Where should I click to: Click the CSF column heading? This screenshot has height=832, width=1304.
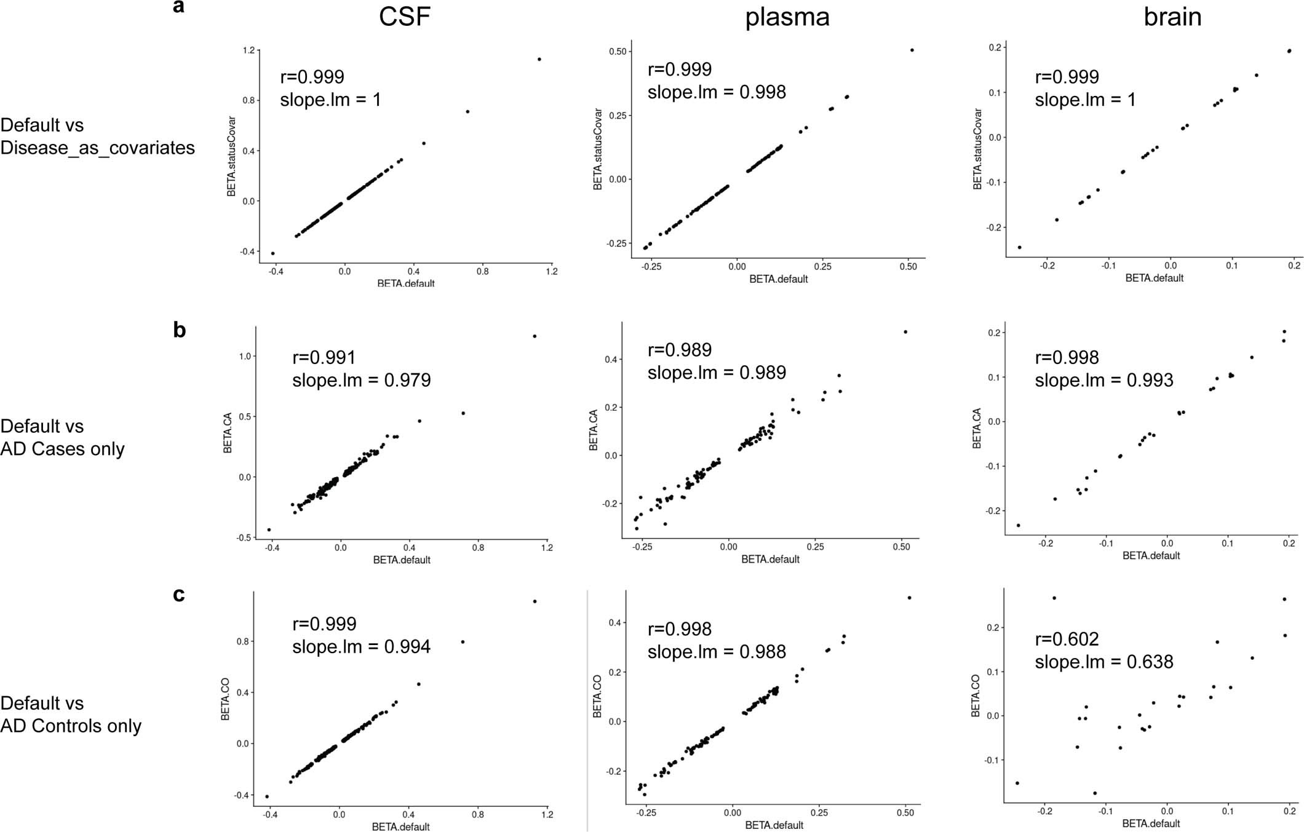[404, 17]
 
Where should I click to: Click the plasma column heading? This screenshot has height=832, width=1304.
[787, 17]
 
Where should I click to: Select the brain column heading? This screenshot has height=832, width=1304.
[1172, 17]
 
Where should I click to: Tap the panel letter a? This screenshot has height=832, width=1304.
[178, 7]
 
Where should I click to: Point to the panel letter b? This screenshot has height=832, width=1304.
[179, 330]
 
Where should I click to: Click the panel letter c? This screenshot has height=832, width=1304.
[179, 595]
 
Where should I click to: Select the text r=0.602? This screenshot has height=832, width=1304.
[1067, 639]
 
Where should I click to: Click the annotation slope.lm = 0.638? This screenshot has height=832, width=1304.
[1103, 662]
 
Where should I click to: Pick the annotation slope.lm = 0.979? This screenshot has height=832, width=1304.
[361, 380]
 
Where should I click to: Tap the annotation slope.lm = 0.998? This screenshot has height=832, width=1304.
[717, 92]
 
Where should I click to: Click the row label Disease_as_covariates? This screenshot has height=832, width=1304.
[97, 148]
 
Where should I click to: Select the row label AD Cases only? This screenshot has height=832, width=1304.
[62, 449]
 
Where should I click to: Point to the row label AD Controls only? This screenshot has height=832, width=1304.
[71, 726]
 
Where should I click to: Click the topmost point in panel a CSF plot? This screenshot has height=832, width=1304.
[539, 59]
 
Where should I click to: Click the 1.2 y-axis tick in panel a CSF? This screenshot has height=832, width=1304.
[248, 50]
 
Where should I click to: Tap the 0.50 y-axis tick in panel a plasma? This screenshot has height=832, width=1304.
[618, 52]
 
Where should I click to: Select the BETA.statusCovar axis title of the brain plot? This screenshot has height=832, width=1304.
[977, 149]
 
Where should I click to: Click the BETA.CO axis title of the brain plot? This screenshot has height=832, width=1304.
[976, 695]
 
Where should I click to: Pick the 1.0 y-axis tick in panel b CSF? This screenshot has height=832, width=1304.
[245, 357]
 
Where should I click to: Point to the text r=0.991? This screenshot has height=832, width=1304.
[324, 357]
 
